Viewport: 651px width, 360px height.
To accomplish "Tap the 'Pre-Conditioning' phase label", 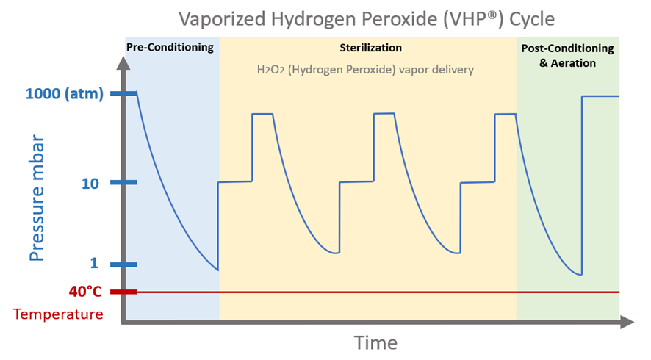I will (x=170, y=48).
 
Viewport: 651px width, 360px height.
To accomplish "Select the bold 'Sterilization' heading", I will (x=370, y=48).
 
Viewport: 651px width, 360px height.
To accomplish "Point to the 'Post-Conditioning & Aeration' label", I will (x=567, y=55).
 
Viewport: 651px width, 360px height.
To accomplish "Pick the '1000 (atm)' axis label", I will (x=63, y=94).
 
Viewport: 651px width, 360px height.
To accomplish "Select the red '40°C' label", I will (x=85, y=292).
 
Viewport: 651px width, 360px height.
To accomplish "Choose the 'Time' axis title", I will (x=375, y=342).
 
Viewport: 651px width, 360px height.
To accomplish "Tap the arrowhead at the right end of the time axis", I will (x=627, y=321).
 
